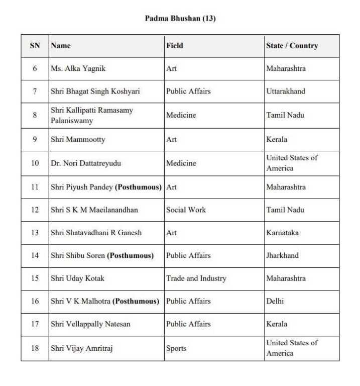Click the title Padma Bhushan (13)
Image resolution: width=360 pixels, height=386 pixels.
tap(180, 19)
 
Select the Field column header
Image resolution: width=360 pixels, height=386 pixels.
tap(175, 46)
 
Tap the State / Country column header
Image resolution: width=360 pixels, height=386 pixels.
tap(292, 46)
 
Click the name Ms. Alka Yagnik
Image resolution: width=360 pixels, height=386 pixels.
tap(78, 68)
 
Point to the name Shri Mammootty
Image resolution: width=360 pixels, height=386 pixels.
tap(78, 139)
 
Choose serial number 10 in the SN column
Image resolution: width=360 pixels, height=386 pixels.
tap(35, 163)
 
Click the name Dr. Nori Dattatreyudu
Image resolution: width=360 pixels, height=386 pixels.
tap(86, 163)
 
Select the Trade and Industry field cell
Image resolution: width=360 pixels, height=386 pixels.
tap(196, 278)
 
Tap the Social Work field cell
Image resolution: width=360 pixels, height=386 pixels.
tap(186, 210)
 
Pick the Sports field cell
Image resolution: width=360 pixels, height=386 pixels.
tap(176, 348)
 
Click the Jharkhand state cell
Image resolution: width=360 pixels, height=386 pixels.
tap(282, 255)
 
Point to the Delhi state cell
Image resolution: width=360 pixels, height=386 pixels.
tap(275, 301)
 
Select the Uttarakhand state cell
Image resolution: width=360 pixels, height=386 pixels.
tap(286, 91)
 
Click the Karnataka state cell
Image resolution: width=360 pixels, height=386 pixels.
tap(284, 233)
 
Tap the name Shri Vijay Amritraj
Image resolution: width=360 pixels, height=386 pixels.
tap(81, 348)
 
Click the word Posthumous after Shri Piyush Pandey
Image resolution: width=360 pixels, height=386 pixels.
tap(138, 187)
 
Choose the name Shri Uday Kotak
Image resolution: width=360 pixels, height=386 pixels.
tap(78, 278)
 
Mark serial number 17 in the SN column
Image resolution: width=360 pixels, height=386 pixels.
tap(35, 324)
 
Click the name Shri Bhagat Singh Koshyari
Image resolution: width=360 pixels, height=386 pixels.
tap(95, 91)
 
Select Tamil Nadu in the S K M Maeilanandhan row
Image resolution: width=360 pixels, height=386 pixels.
tap(285, 210)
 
